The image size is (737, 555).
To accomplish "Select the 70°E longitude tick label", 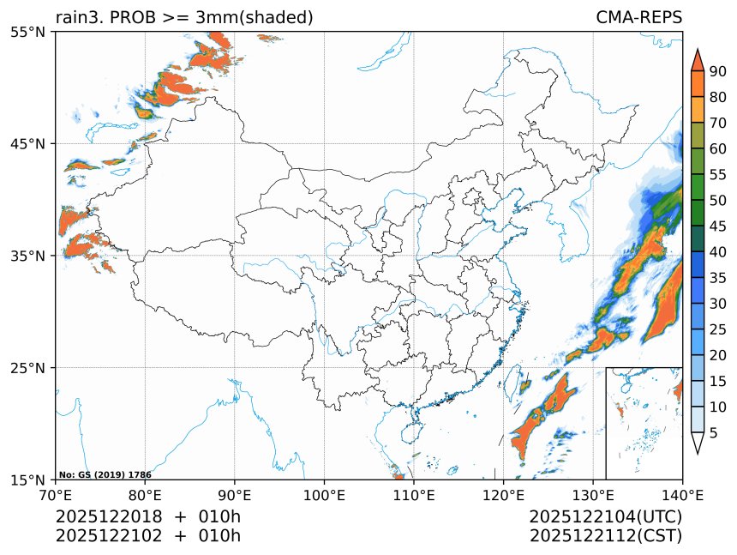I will (56, 495).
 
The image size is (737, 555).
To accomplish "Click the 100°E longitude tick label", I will (324, 495).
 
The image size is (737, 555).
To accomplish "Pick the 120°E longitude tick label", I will (503, 495).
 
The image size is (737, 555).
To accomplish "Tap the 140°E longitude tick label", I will (682, 495).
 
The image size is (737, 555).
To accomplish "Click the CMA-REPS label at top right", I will (638, 17).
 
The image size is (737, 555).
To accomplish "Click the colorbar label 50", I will (717, 200).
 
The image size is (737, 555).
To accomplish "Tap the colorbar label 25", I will (717, 329).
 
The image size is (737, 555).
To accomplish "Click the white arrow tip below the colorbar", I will (697, 443).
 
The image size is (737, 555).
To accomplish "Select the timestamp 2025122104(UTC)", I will (605, 517).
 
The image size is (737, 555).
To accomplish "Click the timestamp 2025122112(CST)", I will (605, 536).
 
